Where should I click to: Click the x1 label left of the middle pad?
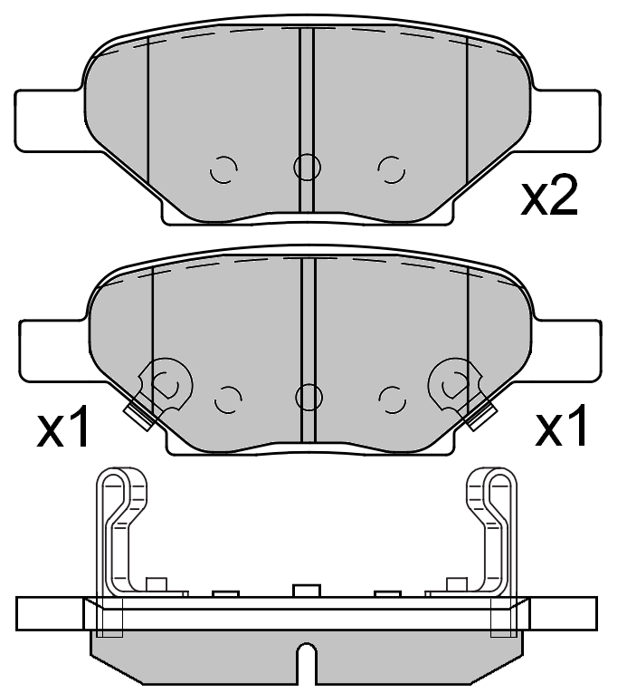coord(63,428)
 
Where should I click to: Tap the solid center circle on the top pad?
coord(307,167)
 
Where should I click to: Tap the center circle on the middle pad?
coord(309,396)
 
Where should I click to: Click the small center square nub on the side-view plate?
coord(307,591)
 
